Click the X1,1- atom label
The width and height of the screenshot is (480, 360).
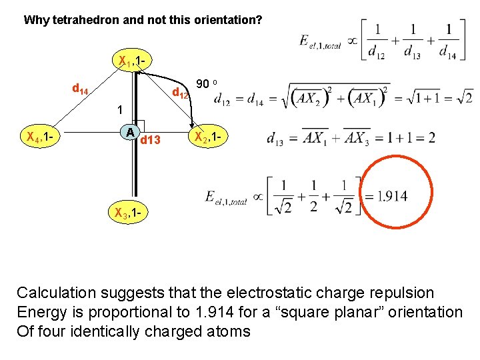pos(133,63)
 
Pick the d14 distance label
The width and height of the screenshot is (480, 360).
pos(81,87)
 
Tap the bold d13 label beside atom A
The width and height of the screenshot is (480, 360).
pos(151,140)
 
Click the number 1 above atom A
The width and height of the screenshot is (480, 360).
pos(119,109)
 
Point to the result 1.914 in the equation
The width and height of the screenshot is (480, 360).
pos(392,196)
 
